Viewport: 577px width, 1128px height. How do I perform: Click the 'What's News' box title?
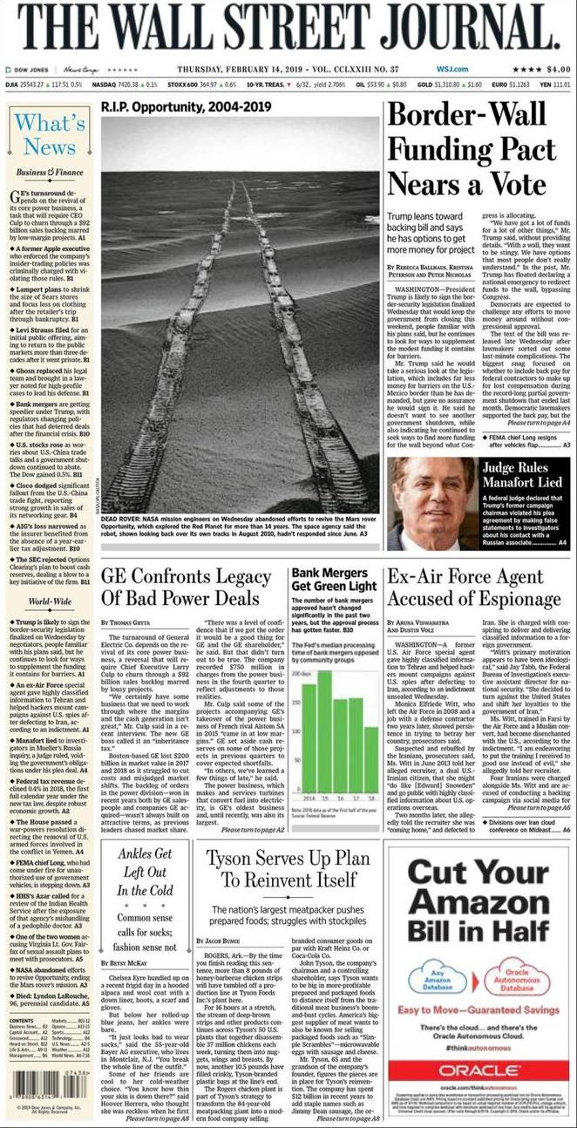(49, 134)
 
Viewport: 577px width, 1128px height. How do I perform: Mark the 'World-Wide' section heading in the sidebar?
(49, 601)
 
